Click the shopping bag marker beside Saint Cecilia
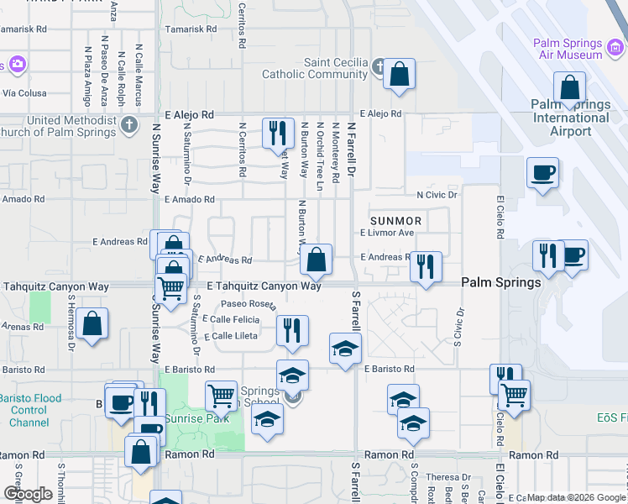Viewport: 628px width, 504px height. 400,74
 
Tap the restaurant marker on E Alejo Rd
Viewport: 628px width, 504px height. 277,134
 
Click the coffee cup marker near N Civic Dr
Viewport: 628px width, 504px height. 542,173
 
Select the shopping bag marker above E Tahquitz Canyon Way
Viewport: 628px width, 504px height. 316,260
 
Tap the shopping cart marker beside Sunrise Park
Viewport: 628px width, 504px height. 221,396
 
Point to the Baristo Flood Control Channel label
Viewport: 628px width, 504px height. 29,409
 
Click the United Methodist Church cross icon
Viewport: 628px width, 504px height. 128,126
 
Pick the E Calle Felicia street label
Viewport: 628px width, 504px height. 231,319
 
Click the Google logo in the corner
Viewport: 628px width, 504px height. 28,494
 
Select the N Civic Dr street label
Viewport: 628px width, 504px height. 437,195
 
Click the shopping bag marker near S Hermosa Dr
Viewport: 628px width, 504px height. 93,323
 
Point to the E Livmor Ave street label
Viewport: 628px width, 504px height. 387,233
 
